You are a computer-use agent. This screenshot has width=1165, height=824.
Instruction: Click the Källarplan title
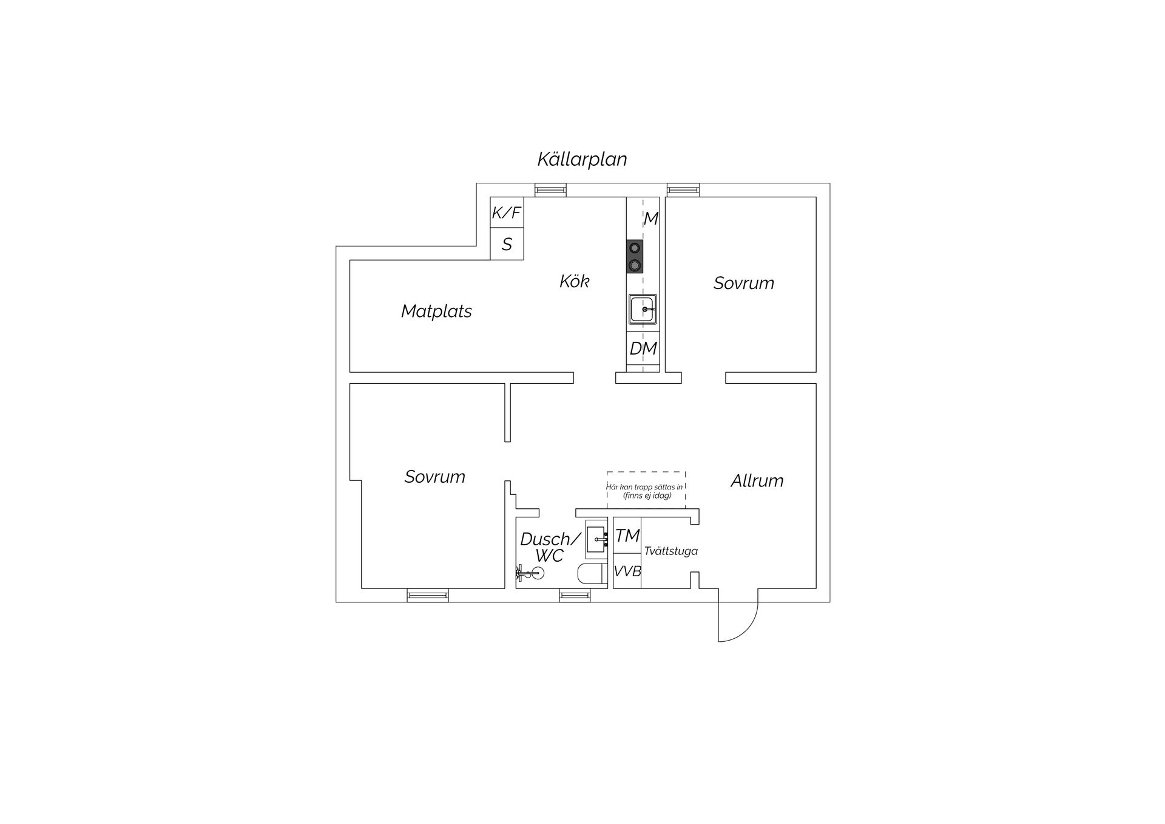point(582,159)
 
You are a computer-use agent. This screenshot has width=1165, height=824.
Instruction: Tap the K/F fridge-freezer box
point(507,213)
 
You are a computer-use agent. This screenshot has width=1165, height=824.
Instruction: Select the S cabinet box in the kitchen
point(507,244)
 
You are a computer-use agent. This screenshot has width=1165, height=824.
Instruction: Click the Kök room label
point(575,281)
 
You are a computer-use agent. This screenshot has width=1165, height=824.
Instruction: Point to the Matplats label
point(436,312)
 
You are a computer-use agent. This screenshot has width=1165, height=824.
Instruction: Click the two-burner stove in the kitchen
point(635,256)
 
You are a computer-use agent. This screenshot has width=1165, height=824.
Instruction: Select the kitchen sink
point(643,309)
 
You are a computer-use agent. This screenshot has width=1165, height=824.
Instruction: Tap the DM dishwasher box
point(643,348)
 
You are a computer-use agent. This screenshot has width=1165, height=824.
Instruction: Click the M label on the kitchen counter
point(651,219)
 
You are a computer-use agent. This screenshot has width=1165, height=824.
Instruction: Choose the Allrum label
point(757,481)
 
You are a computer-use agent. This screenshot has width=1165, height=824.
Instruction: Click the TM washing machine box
point(627,536)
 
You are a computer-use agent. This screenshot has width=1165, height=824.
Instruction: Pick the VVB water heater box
point(627,571)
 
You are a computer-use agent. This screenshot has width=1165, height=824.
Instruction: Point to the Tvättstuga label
point(671,551)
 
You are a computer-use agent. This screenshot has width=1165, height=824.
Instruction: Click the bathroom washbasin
point(596,539)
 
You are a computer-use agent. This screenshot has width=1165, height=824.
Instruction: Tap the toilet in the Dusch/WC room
point(592,574)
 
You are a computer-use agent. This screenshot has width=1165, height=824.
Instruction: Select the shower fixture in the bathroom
point(530,572)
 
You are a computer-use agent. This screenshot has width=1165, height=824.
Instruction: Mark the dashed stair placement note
point(647,491)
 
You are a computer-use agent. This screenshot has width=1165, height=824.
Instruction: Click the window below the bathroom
point(575,596)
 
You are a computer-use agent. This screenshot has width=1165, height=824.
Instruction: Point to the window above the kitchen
point(550,190)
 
